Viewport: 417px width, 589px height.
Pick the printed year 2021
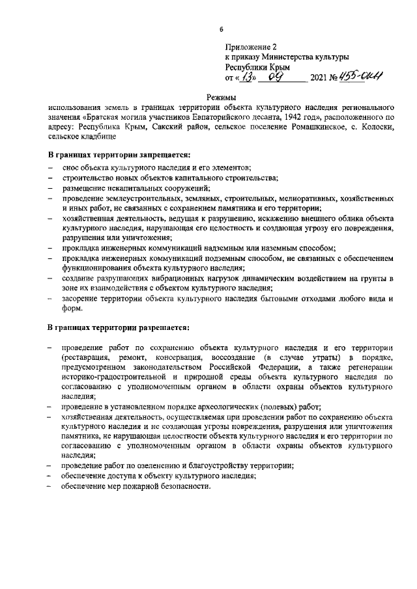tap(322, 79)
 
